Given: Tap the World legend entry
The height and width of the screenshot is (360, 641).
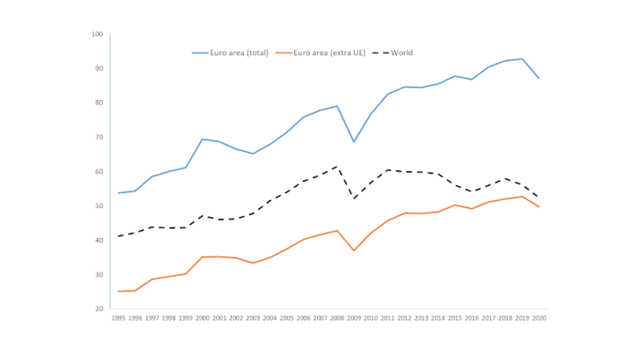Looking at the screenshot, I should tap(400, 53).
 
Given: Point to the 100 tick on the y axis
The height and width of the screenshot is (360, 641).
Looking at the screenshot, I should tap(97, 34).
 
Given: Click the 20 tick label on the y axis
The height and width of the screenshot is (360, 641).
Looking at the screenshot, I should tap(98, 309).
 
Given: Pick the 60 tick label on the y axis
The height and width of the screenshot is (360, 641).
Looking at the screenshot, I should tap(98, 172).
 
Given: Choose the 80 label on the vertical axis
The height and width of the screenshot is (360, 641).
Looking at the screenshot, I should tap(98, 103).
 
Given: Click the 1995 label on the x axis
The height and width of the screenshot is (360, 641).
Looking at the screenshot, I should tap(118, 319).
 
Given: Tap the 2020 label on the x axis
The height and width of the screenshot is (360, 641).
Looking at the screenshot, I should tap(539, 319).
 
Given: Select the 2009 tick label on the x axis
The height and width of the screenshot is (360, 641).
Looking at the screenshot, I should tap(354, 319).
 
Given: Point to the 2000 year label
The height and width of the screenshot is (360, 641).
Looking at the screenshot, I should tap(202, 319).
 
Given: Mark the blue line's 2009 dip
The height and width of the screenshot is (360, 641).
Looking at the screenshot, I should tap(354, 142).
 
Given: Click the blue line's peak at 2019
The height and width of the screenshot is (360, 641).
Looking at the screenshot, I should tap(522, 59).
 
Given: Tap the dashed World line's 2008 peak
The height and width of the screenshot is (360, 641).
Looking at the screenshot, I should tap(337, 166).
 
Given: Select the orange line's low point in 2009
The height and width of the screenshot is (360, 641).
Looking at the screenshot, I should tap(354, 250).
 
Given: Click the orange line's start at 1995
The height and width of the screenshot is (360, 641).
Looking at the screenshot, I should tap(118, 292).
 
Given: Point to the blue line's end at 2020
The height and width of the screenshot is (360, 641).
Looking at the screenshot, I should tap(539, 79).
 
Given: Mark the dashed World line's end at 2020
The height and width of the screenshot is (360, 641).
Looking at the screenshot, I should tap(539, 197).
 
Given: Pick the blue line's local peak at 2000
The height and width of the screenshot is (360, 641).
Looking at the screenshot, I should tap(202, 139).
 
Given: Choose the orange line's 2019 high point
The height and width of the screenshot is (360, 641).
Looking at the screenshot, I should tap(522, 196).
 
